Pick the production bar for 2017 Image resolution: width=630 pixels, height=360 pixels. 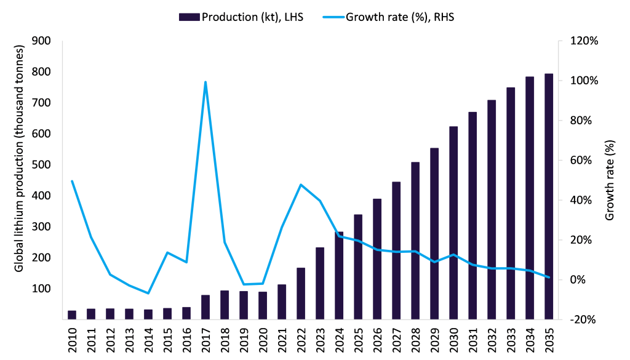click(206, 307)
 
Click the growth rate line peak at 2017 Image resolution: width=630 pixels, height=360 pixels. click(205, 82)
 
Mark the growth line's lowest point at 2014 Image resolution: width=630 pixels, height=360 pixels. click(148, 293)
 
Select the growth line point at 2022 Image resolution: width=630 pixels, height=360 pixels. click(301, 185)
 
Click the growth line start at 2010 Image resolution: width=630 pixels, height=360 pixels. click(73, 181)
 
